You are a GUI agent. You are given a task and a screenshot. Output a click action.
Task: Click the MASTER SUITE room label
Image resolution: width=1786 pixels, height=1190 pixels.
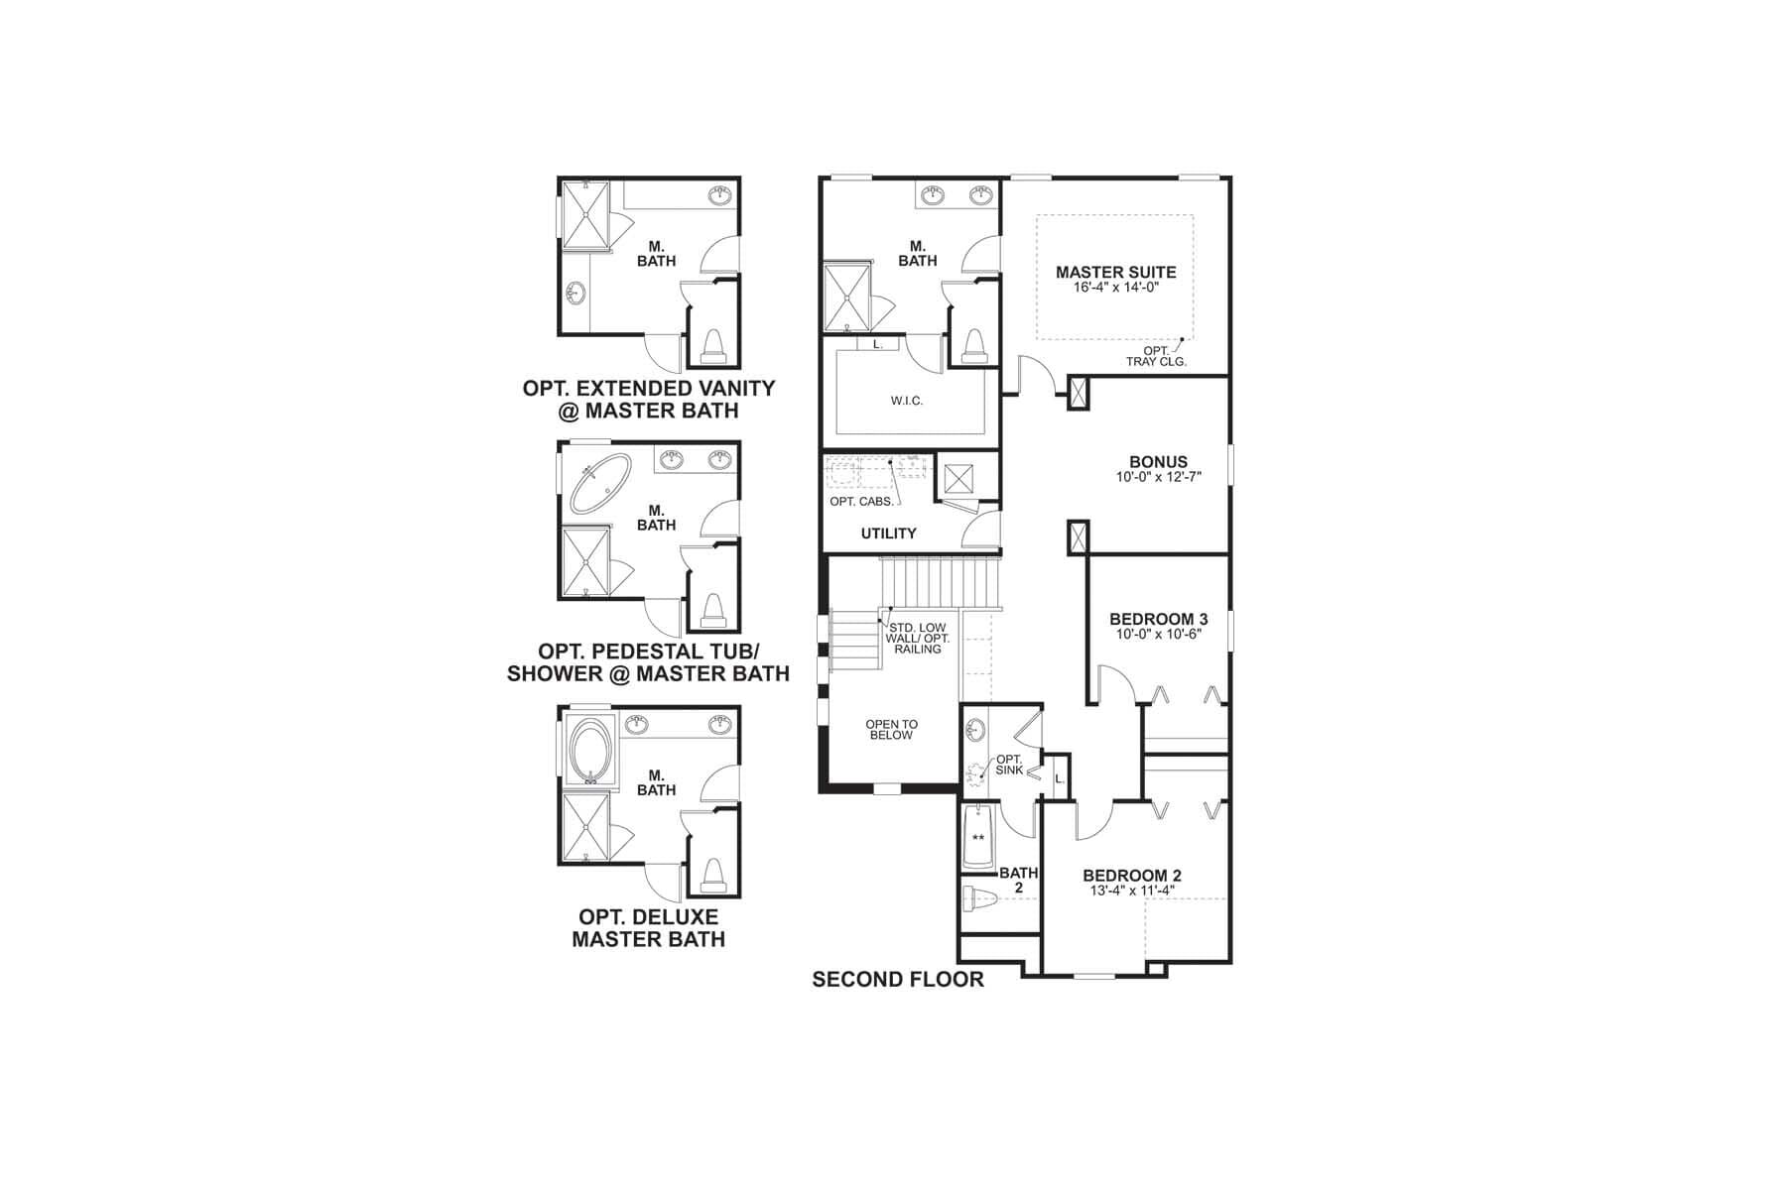click(x=1115, y=272)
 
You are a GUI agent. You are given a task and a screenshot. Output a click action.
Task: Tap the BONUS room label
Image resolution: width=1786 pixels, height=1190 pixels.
click(x=1158, y=461)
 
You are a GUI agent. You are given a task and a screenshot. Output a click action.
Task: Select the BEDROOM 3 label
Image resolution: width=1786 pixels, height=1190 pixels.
click(x=1158, y=620)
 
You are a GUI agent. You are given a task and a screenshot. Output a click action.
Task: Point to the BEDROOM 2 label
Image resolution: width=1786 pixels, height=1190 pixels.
click(x=1131, y=876)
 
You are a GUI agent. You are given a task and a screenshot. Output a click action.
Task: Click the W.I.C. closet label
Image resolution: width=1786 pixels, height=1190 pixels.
click(x=906, y=401)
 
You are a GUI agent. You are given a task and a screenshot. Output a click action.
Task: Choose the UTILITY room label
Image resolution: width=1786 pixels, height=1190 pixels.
click(x=888, y=534)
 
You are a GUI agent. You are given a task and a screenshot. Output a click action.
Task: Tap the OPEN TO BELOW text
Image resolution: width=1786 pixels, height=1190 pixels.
click(x=891, y=730)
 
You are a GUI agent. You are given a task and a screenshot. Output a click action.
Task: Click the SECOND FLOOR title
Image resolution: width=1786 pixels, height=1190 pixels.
click(x=898, y=980)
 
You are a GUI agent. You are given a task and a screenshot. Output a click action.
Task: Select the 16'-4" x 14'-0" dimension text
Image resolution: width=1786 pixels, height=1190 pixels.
click(x=1115, y=289)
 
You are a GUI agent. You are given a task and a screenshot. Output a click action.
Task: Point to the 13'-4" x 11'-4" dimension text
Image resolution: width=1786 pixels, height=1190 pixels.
click(x=1131, y=891)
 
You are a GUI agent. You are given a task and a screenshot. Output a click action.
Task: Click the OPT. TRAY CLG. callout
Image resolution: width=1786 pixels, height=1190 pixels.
click(x=1156, y=356)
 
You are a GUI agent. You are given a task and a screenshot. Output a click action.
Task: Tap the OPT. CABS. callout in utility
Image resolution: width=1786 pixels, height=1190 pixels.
click(x=861, y=502)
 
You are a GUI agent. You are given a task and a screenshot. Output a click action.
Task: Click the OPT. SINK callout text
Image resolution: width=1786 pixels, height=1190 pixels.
click(x=1009, y=765)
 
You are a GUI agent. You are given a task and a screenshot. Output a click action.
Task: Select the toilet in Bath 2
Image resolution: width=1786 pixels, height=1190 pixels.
click(x=979, y=898)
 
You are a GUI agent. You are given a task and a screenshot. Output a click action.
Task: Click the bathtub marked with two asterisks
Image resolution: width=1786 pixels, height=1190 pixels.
click(x=978, y=837)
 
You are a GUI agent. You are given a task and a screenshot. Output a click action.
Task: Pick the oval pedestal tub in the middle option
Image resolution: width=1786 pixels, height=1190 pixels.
click(x=597, y=483)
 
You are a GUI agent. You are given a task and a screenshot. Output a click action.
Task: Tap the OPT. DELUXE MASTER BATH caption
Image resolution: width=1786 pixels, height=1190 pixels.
click(x=648, y=928)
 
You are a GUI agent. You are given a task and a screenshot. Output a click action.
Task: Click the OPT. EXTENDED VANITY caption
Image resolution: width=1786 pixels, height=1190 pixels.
click(x=649, y=399)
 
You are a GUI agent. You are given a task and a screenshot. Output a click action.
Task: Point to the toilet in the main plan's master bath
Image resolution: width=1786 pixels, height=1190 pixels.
click(x=973, y=346)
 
